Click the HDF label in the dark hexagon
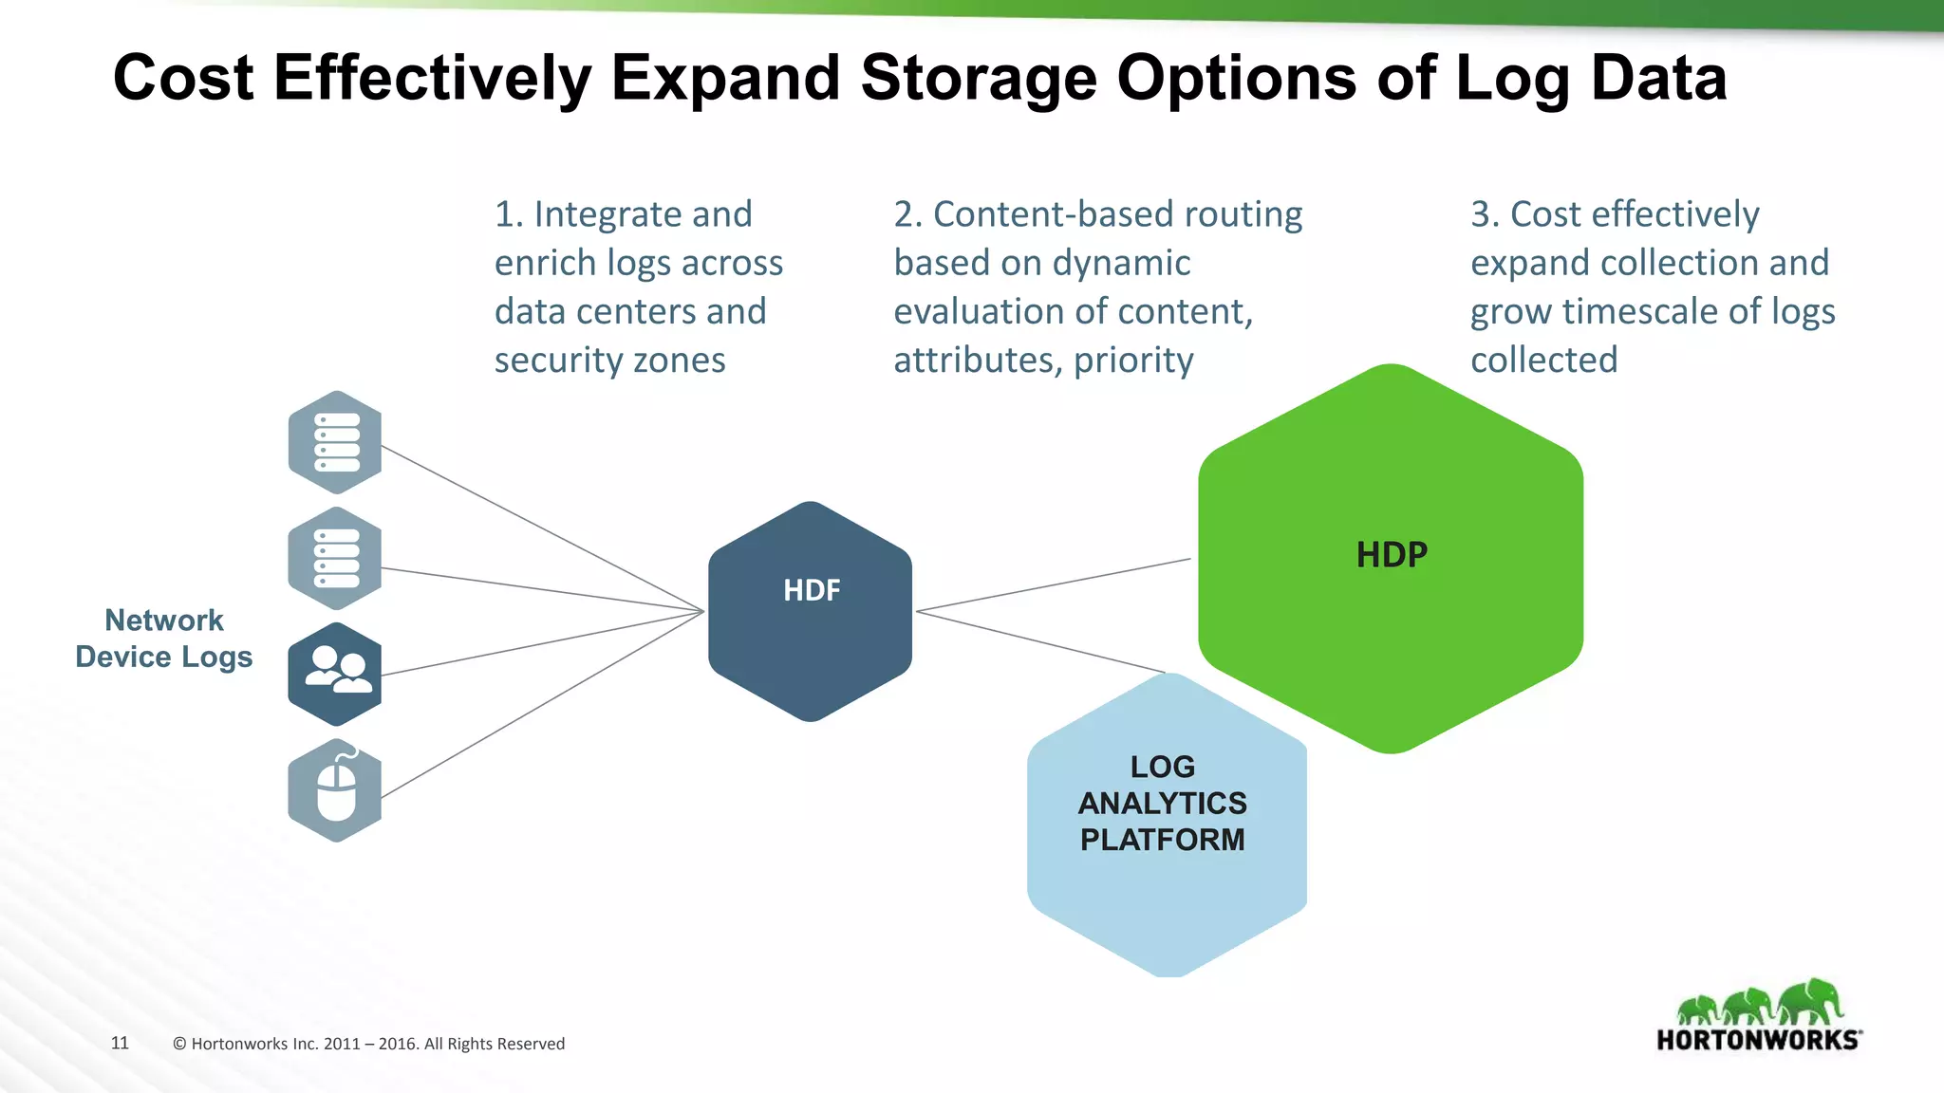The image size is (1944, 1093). (x=812, y=590)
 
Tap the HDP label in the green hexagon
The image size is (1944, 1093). (x=1392, y=555)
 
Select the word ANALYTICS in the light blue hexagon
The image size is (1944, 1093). (x=1162, y=804)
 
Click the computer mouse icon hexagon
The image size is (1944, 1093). (x=335, y=790)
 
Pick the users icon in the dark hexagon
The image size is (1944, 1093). (x=337, y=670)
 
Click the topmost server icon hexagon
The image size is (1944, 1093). (x=335, y=442)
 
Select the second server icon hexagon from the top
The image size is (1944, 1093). (x=335, y=559)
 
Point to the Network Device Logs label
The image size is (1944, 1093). (x=164, y=639)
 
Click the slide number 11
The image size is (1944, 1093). (x=120, y=1043)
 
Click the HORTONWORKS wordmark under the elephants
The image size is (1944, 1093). (x=1758, y=1040)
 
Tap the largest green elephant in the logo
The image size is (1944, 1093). (x=1810, y=1000)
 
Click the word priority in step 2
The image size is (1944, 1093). (x=1133, y=361)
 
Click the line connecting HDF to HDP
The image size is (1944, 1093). (x=1054, y=585)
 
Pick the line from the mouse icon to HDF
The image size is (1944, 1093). (x=541, y=704)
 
